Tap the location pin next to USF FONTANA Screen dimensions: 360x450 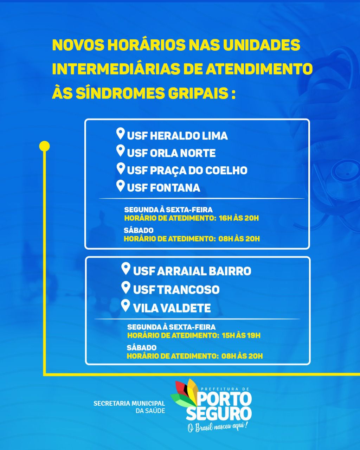[121, 186]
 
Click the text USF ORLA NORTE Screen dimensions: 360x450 [171, 153]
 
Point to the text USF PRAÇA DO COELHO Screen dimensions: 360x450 [187, 171]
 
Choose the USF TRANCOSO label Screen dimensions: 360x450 [176, 290]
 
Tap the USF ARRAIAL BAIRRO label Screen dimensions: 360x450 [192, 271]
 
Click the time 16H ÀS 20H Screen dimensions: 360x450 [239, 218]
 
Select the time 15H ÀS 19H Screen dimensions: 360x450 [241, 336]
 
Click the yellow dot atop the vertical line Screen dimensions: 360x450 [45, 146]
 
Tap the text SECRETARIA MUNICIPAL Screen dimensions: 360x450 [129, 403]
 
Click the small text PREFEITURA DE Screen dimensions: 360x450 [225, 389]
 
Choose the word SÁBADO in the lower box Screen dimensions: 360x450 [141, 348]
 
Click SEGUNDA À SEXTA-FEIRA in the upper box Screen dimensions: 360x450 [168, 210]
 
